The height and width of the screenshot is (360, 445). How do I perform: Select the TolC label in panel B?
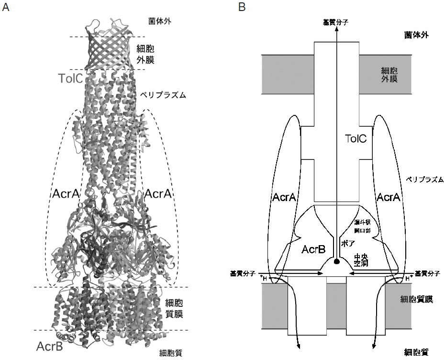(x=356, y=139)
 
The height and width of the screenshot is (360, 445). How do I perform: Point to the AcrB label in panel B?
(x=314, y=249)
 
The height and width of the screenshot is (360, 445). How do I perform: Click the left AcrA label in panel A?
(x=65, y=194)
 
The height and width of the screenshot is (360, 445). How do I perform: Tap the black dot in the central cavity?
(x=337, y=261)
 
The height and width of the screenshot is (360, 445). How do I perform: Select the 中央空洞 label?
(x=360, y=259)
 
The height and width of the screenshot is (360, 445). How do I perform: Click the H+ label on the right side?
(x=406, y=277)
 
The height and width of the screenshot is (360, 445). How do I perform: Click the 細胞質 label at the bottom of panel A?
(x=171, y=354)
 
